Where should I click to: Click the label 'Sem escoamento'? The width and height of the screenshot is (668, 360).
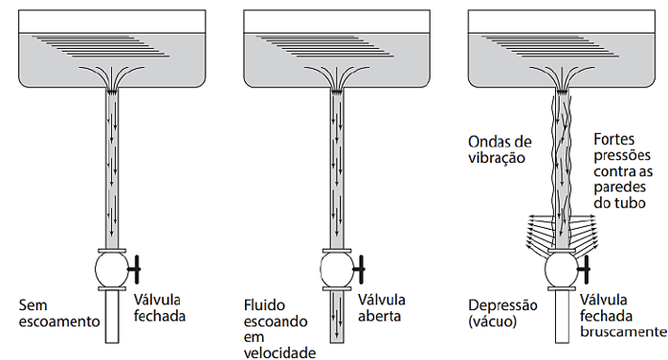click(x=59, y=313)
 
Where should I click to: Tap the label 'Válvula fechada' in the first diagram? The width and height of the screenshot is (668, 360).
click(x=159, y=305)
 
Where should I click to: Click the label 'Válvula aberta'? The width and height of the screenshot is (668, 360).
click(x=381, y=305)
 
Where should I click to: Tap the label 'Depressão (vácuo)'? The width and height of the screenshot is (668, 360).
click(x=501, y=314)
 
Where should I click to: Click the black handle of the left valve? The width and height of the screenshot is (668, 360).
click(x=137, y=270)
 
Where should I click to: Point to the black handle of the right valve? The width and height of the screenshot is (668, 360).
click(x=584, y=270)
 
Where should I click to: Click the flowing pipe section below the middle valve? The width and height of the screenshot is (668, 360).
click(x=336, y=321)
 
